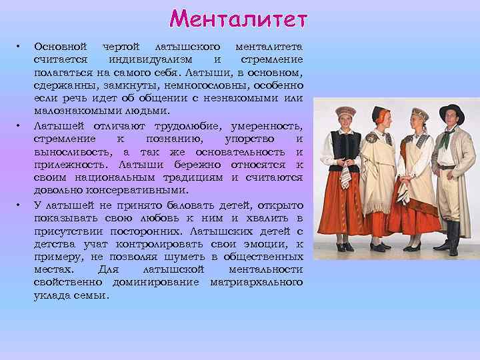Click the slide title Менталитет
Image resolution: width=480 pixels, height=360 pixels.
pos(239,18)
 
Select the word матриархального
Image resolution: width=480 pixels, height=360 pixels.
pos(256,282)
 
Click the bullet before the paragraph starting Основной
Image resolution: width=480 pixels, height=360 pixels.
pos(20,47)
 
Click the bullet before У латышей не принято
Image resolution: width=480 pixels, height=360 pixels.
pos(20,205)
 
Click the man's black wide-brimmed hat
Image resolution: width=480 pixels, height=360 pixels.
pos(451,111)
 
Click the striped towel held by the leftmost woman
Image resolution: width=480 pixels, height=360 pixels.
pos(345,177)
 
